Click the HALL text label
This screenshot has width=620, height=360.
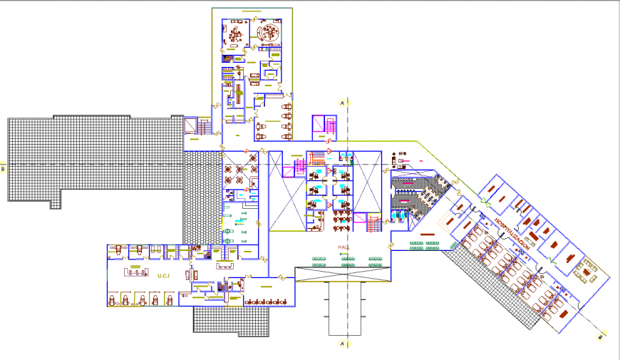pos(345,247)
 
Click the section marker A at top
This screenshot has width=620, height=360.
pos(342,103)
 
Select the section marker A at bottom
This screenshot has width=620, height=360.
pos(342,344)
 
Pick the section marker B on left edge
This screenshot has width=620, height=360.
pos(3,169)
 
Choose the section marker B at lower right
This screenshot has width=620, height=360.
pos(600,336)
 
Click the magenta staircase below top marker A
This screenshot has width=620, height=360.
pos(324,127)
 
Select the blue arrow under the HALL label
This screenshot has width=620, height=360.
pos(345,254)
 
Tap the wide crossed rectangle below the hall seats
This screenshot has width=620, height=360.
pos(343,273)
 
